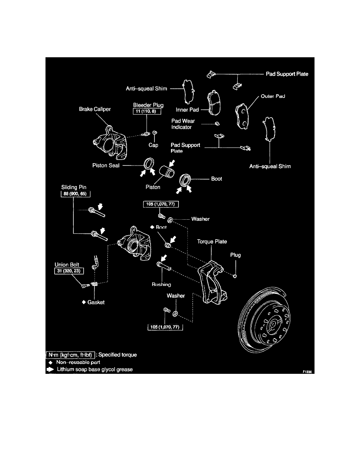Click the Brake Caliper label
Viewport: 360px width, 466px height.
95,110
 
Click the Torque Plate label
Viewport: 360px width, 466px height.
212,242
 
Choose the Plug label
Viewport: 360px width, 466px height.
235,255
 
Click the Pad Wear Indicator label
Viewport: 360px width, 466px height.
183,124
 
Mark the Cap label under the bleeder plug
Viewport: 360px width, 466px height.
153,145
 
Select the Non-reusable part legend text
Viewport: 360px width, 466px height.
78,362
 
